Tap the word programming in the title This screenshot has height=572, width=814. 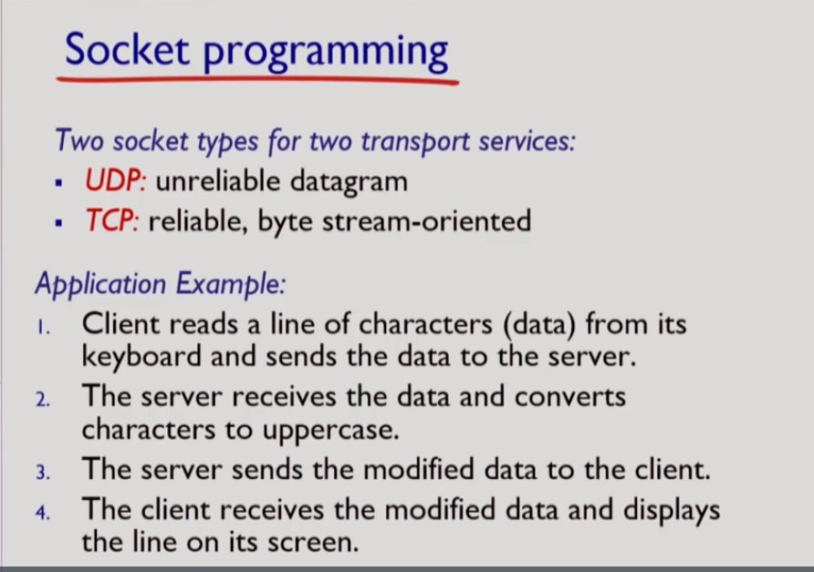coord(325,53)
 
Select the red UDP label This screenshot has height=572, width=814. coord(116,182)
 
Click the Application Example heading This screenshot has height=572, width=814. coord(161,284)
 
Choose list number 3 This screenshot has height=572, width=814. coord(42,473)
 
